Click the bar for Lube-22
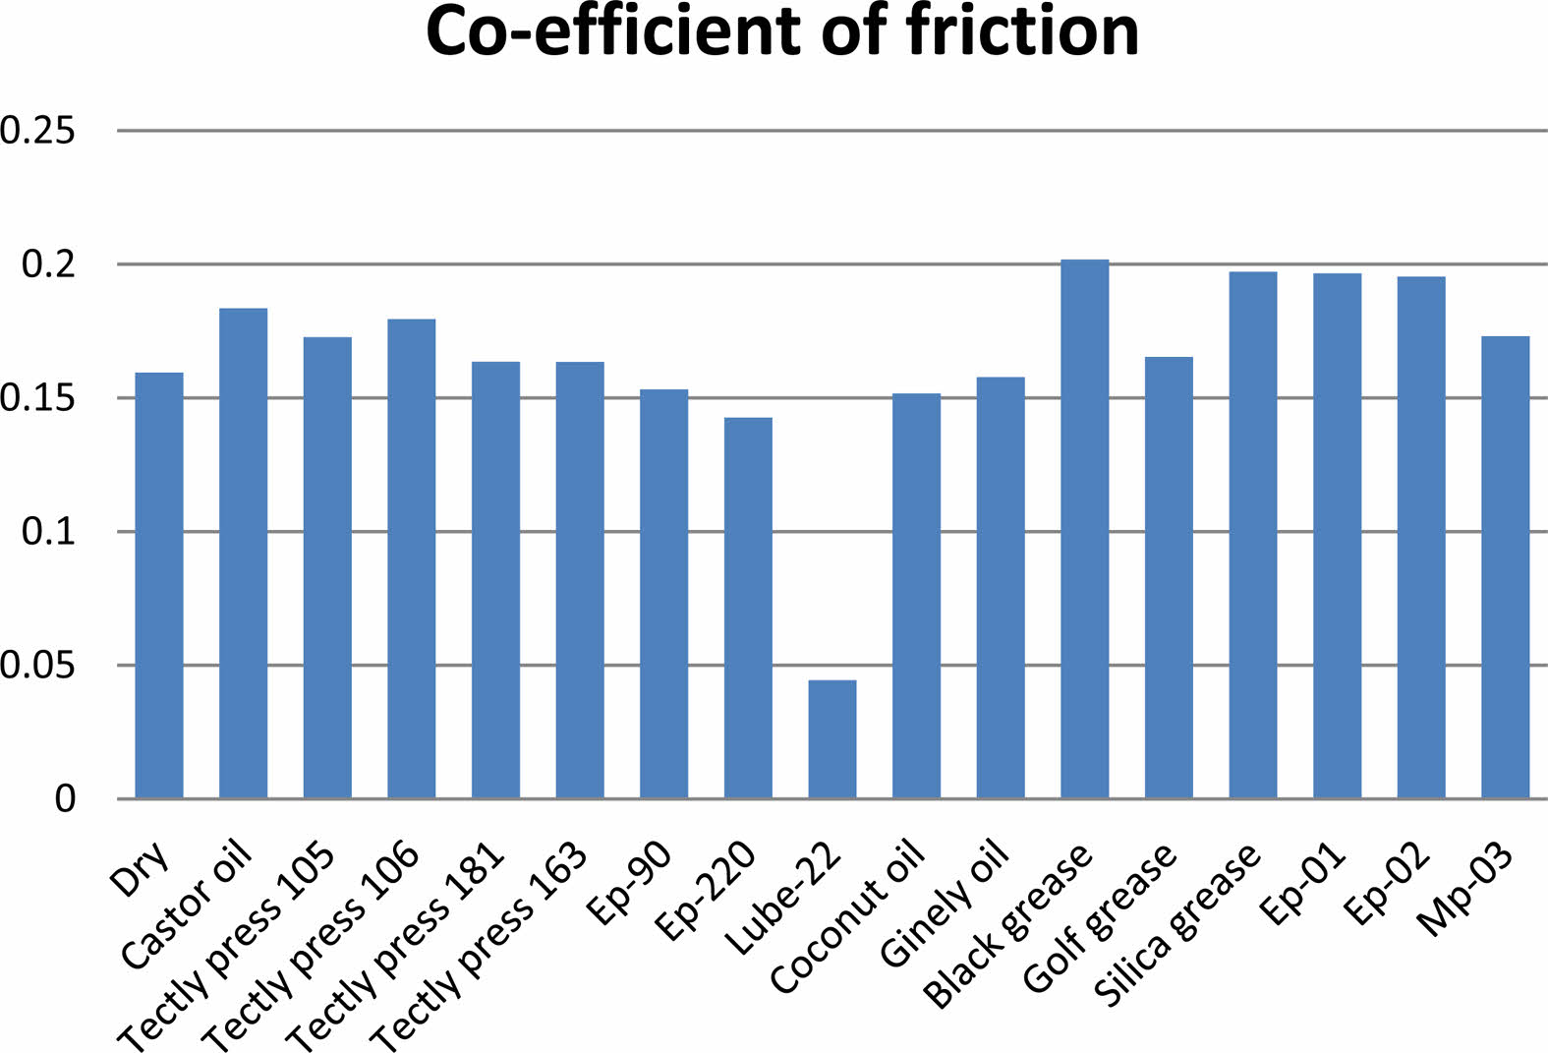(832, 738)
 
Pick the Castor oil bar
(243, 553)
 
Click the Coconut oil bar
(916, 596)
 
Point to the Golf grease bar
(1169, 577)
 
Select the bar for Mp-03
(1506, 567)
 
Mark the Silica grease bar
(1253, 535)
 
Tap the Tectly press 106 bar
(412, 558)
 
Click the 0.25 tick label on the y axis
(38, 130)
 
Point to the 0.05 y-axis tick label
(38, 666)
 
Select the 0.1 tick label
(48, 532)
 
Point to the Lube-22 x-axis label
(784, 898)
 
